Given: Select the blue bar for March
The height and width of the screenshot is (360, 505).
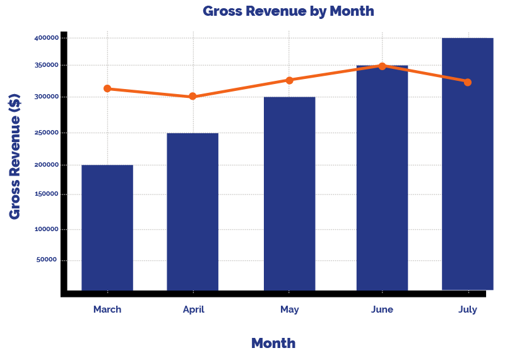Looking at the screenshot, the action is (107, 227).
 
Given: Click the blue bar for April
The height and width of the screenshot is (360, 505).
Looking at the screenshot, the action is (193, 212).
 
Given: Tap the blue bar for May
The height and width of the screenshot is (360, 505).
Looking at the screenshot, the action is (290, 194).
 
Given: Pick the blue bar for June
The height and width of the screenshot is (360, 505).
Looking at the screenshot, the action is (383, 178).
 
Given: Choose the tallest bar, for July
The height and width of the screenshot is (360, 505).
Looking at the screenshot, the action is (468, 164).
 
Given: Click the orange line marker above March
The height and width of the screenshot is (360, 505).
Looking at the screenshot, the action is (107, 88).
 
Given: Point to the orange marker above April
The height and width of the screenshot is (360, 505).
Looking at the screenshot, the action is (193, 96).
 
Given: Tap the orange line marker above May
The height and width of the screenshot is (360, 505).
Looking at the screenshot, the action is (290, 80).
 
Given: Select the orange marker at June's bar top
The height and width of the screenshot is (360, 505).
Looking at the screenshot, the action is (383, 66).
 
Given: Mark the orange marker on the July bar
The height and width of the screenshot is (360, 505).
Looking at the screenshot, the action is (468, 83).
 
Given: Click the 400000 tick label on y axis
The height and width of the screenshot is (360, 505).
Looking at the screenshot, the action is (47, 38).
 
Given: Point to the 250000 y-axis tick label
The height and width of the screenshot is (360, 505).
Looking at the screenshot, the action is (47, 133).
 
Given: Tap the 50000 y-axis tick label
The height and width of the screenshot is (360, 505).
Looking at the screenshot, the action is (46, 260).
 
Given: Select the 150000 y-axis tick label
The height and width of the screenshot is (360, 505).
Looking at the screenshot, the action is (47, 194).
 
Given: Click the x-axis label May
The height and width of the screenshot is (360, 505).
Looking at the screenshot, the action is (290, 309).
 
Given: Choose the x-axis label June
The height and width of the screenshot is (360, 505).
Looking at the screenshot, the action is (383, 309).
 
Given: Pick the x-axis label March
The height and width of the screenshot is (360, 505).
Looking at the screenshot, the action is (107, 309).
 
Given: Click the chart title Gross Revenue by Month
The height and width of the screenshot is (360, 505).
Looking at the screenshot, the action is (288, 11).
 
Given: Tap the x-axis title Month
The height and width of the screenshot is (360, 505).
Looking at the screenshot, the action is (273, 343).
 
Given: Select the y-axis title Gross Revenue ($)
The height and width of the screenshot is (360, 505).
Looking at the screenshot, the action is (15, 157).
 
